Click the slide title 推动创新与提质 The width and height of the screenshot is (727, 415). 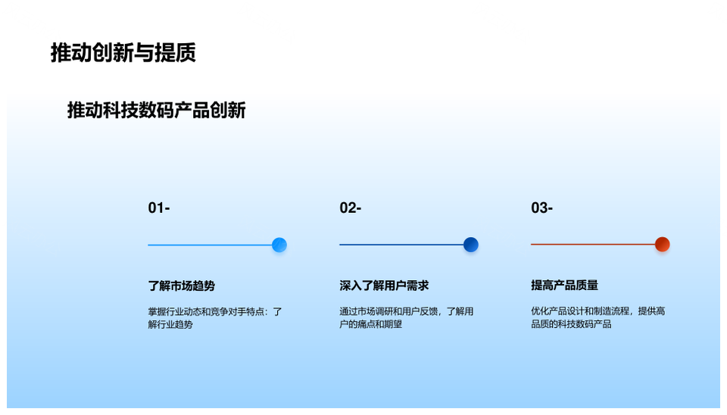[x=123, y=52]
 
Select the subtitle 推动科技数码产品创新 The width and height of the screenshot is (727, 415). [x=156, y=111]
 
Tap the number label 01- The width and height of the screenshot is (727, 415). [x=159, y=207]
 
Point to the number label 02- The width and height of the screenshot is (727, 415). [x=351, y=207]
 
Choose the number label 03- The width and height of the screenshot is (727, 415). [x=542, y=207]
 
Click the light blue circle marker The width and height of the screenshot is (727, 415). [x=279, y=245]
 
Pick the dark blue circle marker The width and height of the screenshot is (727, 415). [x=470, y=245]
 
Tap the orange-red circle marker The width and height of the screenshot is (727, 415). [x=662, y=245]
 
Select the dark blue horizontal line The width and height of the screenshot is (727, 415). [x=401, y=245]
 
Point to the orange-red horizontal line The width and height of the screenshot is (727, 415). [x=593, y=245]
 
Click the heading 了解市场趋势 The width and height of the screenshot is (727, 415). [x=182, y=286]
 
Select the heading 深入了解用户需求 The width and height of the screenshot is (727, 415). [x=384, y=286]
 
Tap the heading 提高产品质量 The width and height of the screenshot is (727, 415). [x=565, y=286]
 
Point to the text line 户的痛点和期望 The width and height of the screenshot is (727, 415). [x=370, y=324]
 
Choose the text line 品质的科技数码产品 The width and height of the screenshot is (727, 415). [x=571, y=324]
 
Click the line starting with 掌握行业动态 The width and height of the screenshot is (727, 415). [x=215, y=311]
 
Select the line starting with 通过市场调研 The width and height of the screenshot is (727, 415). [x=407, y=311]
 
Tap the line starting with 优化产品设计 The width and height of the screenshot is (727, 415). [x=598, y=310]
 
